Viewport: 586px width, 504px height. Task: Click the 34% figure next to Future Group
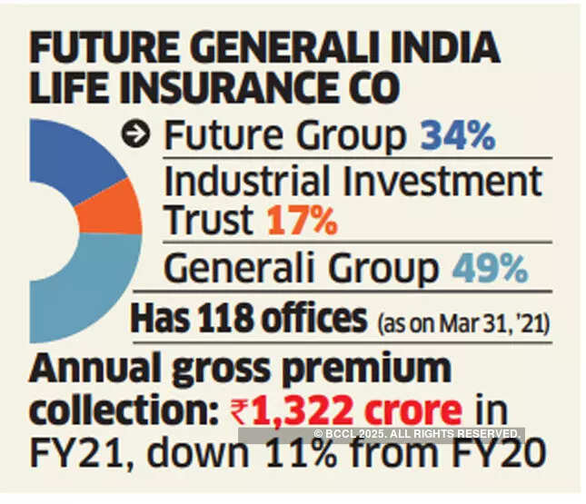(x=457, y=137)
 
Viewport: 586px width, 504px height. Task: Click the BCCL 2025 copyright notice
(x=418, y=433)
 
